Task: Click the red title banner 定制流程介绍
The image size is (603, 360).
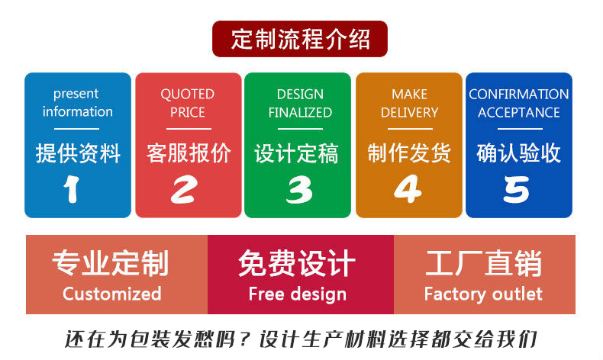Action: pyautogui.click(x=300, y=39)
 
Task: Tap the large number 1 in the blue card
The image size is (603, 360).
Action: pyautogui.click(x=72, y=189)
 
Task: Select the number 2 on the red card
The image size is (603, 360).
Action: pyautogui.click(x=183, y=189)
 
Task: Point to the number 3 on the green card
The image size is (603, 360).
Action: pyautogui.click(x=298, y=189)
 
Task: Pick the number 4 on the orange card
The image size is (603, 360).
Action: pyautogui.click(x=408, y=189)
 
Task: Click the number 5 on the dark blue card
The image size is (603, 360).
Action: pyautogui.click(x=517, y=189)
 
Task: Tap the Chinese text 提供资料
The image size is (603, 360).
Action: pyautogui.click(x=78, y=153)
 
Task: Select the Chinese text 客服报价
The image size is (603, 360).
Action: pyautogui.click(x=189, y=153)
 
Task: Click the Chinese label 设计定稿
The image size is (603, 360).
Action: pyautogui.click(x=296, y=153)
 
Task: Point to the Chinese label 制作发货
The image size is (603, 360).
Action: pyautogui.click(x=409, y=153)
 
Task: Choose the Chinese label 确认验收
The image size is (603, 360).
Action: pyautogui.click(x=518, y=153)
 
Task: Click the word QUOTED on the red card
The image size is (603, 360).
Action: pyautogui.click(x=187, y=95)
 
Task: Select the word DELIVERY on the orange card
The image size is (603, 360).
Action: pyautogui.click(x=409, y=112)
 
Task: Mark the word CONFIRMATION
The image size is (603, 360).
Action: pyautogui.click(x=518, y=95)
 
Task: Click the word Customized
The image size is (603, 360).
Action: pyautogui.click(x=112, y=294)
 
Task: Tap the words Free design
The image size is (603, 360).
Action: pyautogui.click(x=297, y=294)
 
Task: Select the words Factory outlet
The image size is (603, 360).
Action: pyautogui.click(x=483, y=294)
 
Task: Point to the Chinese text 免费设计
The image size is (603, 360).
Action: pyautogui.click(x=297, y=264)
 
